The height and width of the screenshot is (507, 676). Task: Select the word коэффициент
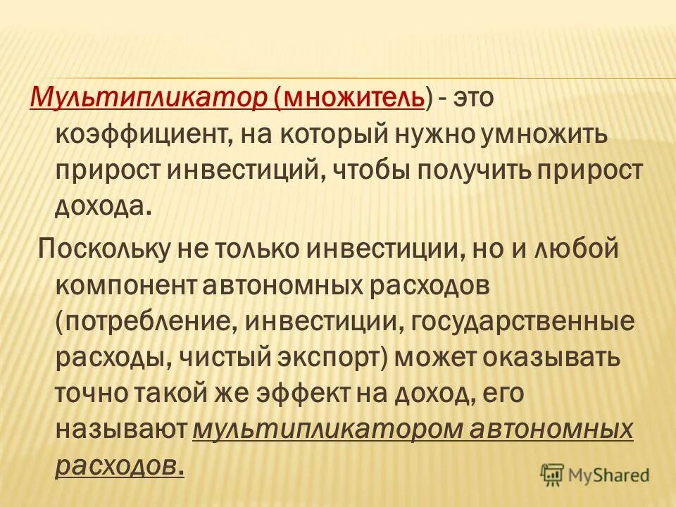137,133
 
